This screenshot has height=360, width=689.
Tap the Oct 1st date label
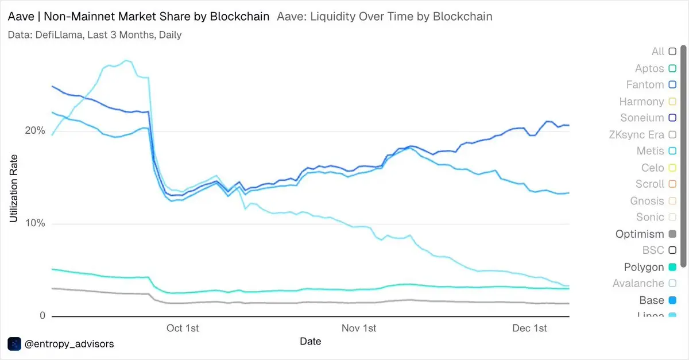pos(183,328)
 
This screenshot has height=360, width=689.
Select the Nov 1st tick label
pos(359,328)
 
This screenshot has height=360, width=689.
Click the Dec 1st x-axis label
pos(529,328)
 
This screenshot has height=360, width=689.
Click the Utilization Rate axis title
pos(14,188)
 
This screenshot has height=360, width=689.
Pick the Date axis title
pos(311,342)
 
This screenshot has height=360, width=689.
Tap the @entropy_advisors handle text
pos(69,344)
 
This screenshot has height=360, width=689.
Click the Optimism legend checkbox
pos(672,234)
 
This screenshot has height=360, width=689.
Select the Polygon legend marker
pos(672,268)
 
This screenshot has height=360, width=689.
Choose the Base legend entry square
pos(672,300)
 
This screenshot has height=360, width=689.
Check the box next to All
pos(672,52)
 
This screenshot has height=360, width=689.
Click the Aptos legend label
pos(649,69)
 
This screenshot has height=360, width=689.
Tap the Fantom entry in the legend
pos(645,85)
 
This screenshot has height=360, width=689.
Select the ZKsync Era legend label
pos(636,135)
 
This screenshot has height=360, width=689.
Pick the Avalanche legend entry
pos(638,284)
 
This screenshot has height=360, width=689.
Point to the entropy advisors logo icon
pos(14,344)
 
